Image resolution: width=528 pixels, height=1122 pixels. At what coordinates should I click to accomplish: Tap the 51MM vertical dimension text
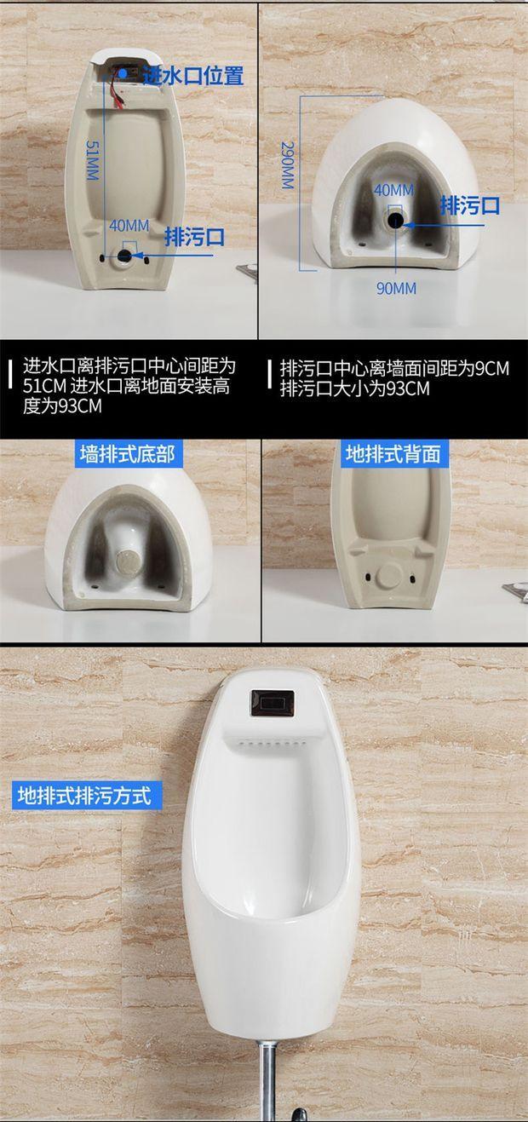pos(92,160)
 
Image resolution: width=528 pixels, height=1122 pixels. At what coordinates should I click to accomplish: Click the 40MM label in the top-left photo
pos(129,226)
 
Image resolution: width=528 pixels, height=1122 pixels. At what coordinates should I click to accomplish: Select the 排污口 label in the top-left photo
pos(194,236)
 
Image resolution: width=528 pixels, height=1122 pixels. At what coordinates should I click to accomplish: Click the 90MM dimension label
pos(396,288)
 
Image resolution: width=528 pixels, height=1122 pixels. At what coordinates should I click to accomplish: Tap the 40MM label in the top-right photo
pos(393,189)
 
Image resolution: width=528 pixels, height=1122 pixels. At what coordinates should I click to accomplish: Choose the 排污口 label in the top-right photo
pos(469,206)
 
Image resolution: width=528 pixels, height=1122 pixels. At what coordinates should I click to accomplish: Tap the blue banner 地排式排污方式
pos(83,797)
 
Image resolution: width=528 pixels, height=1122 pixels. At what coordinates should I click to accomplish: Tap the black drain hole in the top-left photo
pos(126,254)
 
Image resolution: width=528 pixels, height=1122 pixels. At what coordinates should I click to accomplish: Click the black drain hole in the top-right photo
pos(397,222)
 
